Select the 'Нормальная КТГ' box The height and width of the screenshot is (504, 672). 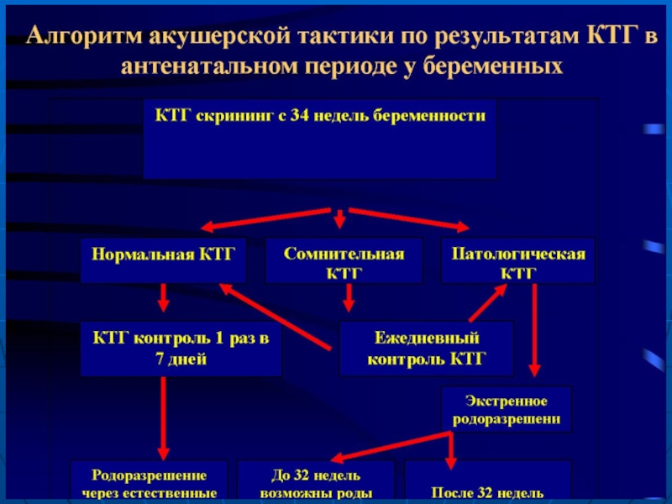pyautogui.click(x=164, y=260)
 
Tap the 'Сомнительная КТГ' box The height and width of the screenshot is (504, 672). pyautogui.click(x=344, y=261)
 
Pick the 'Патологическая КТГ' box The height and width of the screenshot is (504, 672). pyautogui.click(x=517, y=261)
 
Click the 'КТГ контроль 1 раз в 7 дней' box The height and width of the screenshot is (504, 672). pyautogui.click(x=181, y=349)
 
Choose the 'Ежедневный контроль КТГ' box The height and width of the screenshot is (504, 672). pyautogui.click(x=426, y=349)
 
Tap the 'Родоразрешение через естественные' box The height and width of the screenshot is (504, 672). pyautogui.click(x=150, y=482)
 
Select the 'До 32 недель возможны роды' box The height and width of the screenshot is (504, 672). pyautogui.click(x=316, y=482)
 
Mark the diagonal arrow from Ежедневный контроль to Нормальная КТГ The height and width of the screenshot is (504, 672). pyautogui.click(x=277, y=316)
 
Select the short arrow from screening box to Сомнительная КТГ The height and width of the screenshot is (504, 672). pyautogui.click(x=339, y=219)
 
